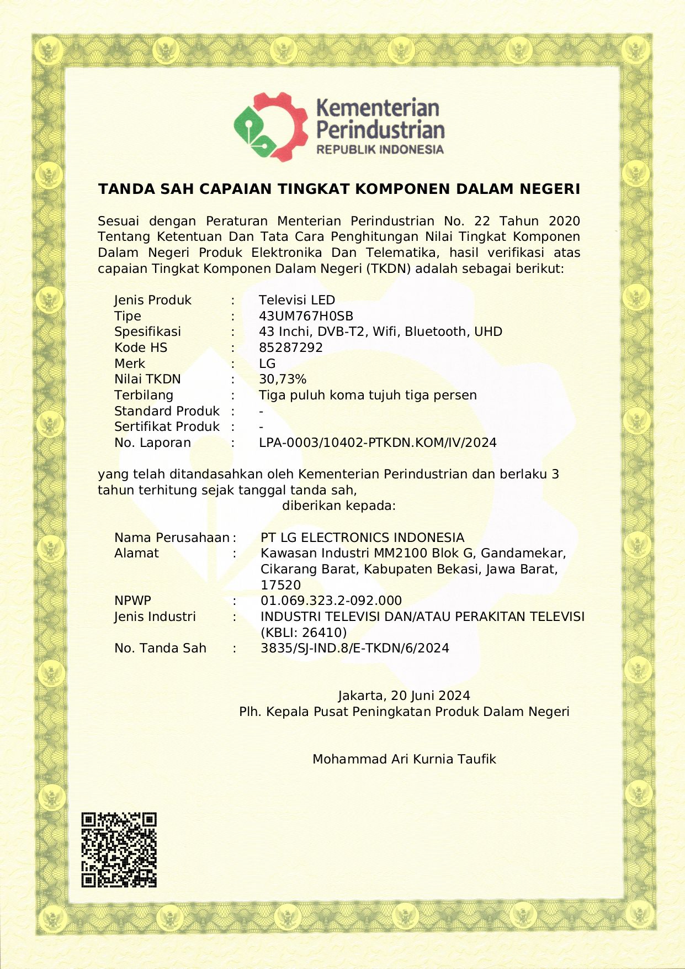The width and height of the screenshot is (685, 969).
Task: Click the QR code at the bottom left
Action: (x=119, y=850)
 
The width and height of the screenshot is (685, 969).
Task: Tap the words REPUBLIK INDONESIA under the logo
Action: (x=380, y=150)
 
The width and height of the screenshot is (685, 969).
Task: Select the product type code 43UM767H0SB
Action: (x=306, y=316)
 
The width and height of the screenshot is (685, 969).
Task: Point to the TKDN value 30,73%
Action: (x=283, y=379)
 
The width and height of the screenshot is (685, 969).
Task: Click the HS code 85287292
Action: (x=291, y=347)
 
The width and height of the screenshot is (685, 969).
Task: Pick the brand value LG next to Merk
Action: (x=267, y=364)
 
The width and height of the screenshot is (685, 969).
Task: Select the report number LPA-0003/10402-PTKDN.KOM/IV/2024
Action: (x=378, y=443)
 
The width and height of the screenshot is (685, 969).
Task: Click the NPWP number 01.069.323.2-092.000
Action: (x=331, y=601)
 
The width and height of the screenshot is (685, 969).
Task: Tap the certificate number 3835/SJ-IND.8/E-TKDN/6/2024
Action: (x=355, y=648)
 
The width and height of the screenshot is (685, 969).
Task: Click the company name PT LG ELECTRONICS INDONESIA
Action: (x=363, y=538)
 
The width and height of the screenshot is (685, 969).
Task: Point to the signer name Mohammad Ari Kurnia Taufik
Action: (x=404, y=759)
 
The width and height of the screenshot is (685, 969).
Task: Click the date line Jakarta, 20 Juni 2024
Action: (x=404, y=696)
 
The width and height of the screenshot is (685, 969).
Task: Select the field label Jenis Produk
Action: (x=153, y=300)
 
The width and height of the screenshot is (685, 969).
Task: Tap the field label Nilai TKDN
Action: (x=147, y=379)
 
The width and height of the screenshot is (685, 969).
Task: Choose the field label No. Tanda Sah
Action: (x=160, y=648)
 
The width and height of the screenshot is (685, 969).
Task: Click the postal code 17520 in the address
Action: (x=281, y=585)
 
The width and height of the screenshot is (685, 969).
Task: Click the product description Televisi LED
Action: (x=297, y=300)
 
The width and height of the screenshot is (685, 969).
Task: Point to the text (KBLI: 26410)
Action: (x=304, y=633)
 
